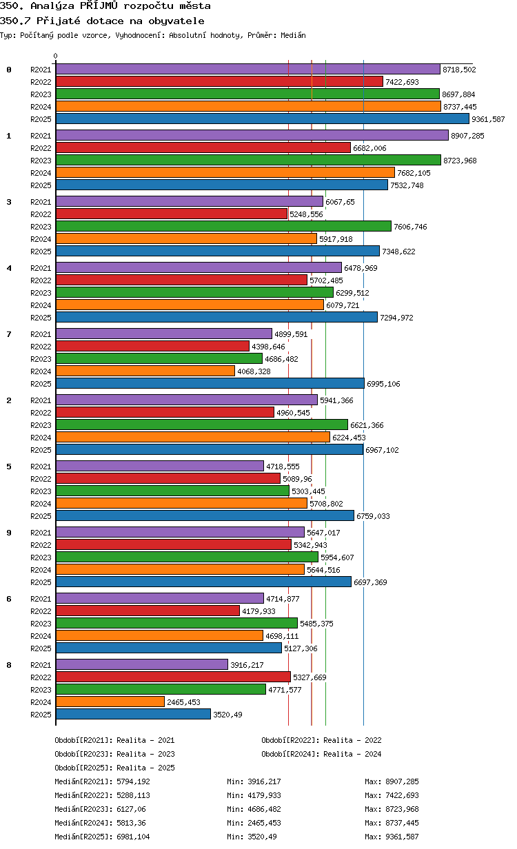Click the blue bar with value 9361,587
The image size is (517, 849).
pyautogui.click(x=262, y=119)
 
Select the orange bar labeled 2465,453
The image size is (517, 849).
pyautogui.click(x=110, y=702)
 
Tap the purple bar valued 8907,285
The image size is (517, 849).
pyautogui.click(x=252, y=135)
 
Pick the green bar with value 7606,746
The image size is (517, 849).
pyautogui.click(x=223, y=226)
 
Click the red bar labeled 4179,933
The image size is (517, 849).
pyautogui.click(x=148, y=611)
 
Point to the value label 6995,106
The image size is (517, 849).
pyautogui.click(x=383, y=384)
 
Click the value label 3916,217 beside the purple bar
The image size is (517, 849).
pyautogui.click(x=247, y=665)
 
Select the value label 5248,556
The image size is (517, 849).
pyautogui.click(x=306, y=214)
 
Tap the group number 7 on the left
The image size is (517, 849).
pyautogui.click(x=9, y=334)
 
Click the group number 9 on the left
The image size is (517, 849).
pyautogui.click(x=9, y=533)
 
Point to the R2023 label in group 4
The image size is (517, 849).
pyautogui.click(x=41, y=293)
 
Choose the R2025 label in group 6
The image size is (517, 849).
pyautogui.click(x=41, y=648)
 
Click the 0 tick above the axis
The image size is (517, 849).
pyautogui.click(x=56, y=56)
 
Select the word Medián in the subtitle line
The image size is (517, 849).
pyautogui.click(x=293, y=36)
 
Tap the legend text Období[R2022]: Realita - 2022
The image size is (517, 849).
pyautogui.click(x=321, y=740)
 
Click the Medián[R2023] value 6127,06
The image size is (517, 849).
pyautogui.click(x=131, y=809)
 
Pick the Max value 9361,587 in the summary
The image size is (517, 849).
pyautogui.click(x=402, y=837)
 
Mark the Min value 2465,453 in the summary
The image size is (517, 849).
pyautogui.click(x=264, y=823)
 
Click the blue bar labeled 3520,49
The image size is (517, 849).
pyautogui.click(x=134, y=715)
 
